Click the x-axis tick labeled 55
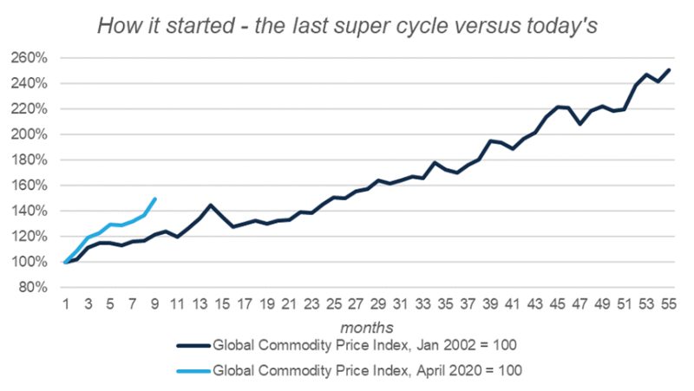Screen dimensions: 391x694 (x=668, y=303)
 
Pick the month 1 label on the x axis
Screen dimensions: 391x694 (x=65, y=303)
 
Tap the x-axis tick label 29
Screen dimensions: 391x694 (x=377, y=303)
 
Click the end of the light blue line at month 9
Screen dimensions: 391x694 (x=154, y=199)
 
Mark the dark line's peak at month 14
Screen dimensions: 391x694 (x=210, y=205)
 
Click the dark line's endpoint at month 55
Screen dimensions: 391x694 (x=668, y=70)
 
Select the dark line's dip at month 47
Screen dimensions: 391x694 (x=579, y=124)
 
